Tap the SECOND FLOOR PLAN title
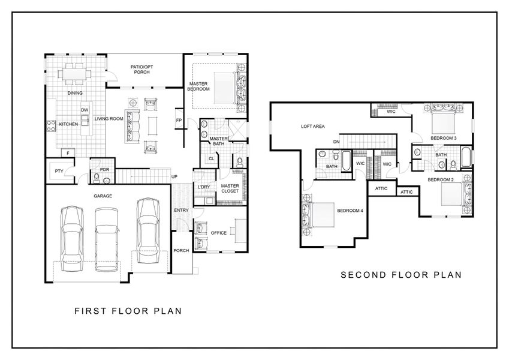[x=401, y=275]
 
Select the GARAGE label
[x=103, y=196]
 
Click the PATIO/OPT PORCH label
[x=142, y=69]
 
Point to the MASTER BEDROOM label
[x=198, y=86]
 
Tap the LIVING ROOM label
[x=109, y=119]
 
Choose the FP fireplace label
[x=179, y=119]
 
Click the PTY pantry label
[x=59, y=171]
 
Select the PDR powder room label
[x=104, y=169]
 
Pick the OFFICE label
[x=219, y=233]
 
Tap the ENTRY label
[x=181, y=210]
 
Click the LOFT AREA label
[x=312, y=127]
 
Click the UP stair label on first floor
[x=174, y=176]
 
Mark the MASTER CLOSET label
[x=230, y=188]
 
